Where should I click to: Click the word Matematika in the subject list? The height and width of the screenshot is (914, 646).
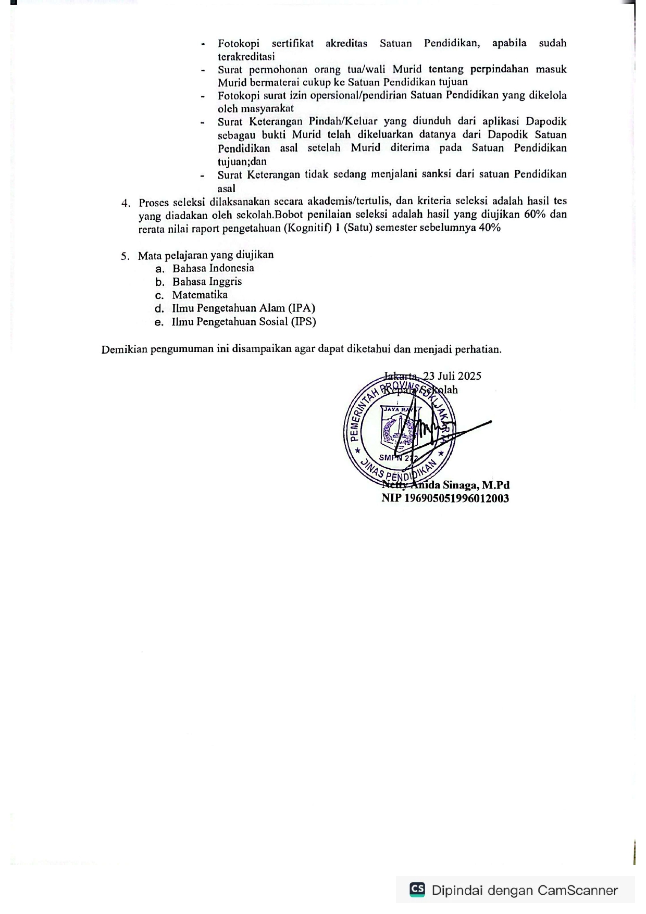pos(200,295)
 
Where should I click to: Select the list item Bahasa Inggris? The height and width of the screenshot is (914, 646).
pos(207,282)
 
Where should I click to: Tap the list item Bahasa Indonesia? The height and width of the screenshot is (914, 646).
pos(213,268)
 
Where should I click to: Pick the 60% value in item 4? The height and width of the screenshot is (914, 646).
pos(534,215)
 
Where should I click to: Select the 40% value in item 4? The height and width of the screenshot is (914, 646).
pos(490,228)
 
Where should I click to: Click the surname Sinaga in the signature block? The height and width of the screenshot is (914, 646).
pos(459,485)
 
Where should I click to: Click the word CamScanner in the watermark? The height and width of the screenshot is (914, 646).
pos(577,890)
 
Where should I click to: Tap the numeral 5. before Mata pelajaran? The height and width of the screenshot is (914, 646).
pos(125,256)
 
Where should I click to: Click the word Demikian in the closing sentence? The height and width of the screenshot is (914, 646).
pos(124,349)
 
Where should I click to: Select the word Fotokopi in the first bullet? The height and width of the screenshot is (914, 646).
pos(239,43)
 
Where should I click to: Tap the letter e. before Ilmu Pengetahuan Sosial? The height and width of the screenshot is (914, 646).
pos(159,322)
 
